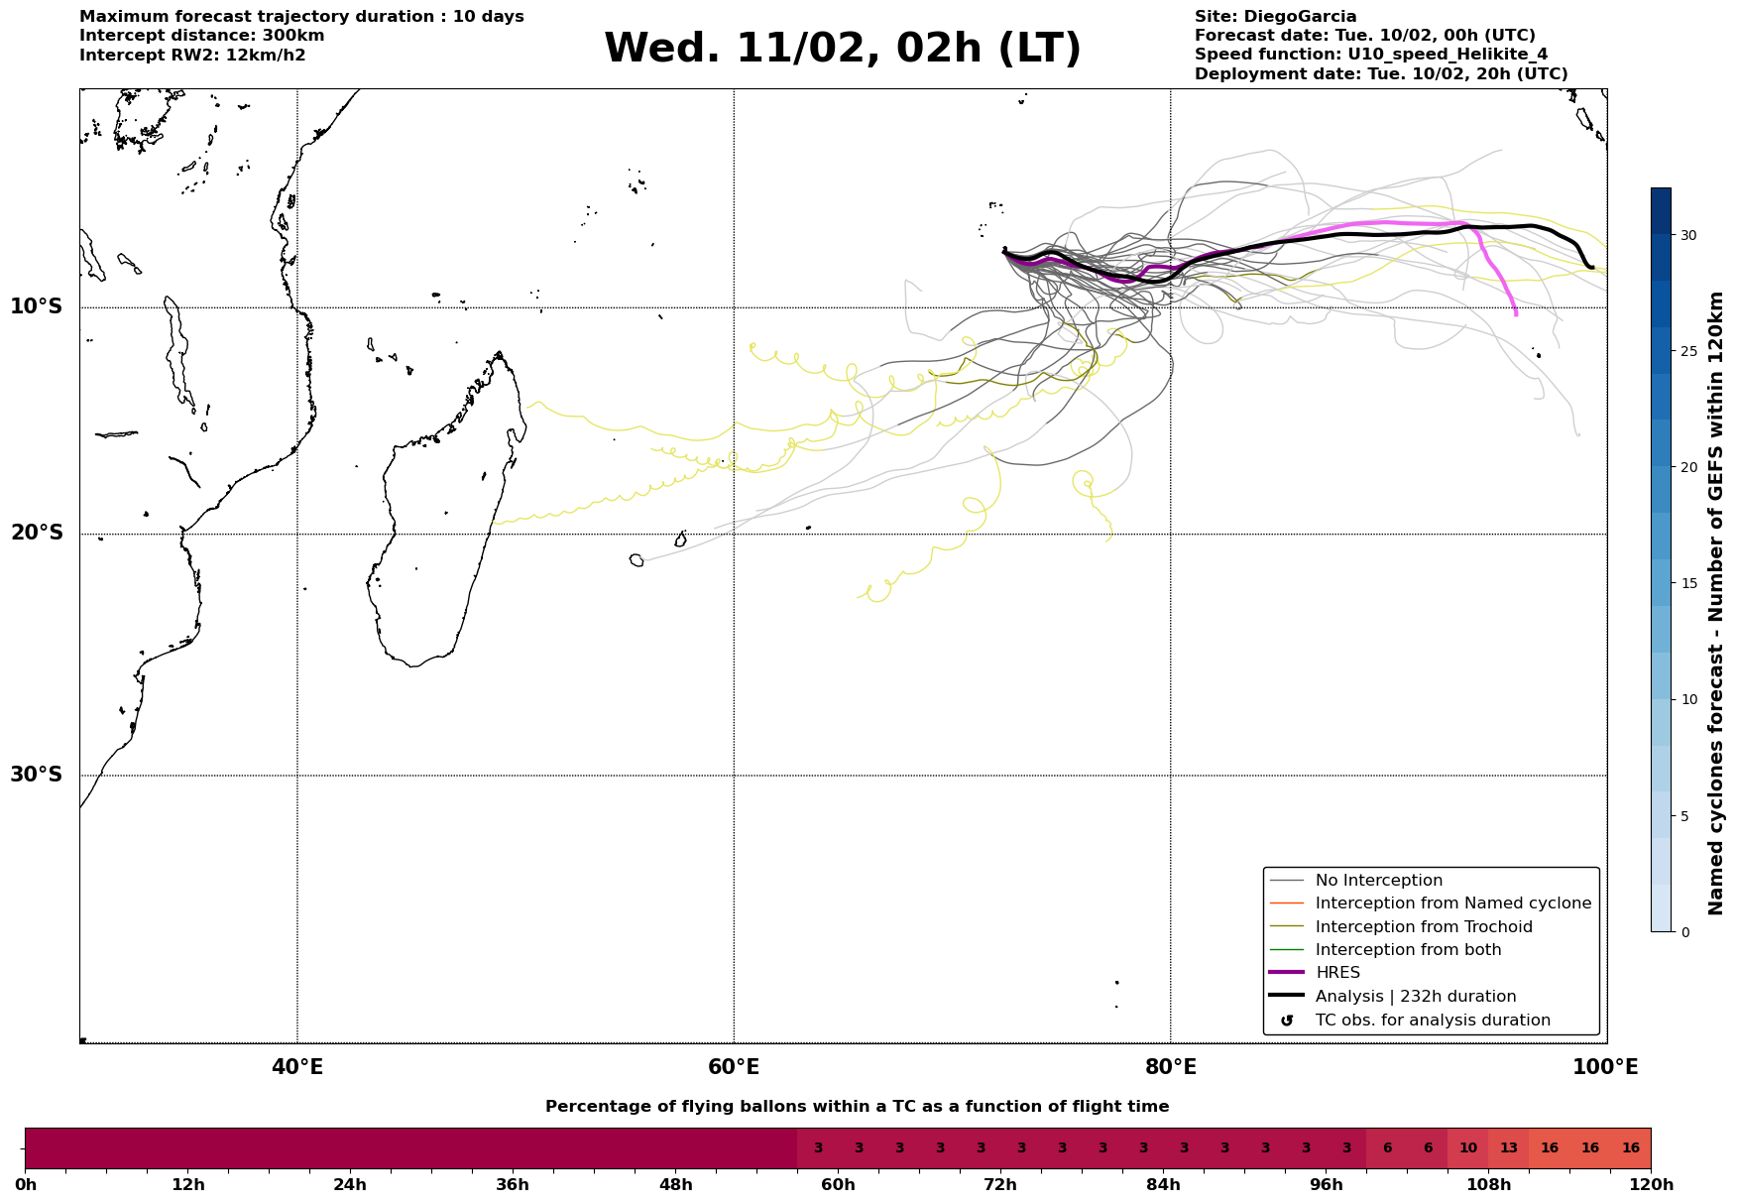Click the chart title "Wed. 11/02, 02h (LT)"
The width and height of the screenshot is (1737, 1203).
pos(842,49)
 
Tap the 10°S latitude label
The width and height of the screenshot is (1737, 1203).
pos(37,306)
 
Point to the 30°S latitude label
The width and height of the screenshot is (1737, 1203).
pos(37,775)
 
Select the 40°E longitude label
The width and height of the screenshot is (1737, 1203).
pos(296,1067)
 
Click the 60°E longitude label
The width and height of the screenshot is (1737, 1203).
pos(734,1067)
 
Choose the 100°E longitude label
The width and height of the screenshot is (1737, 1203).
pos(1605,1067)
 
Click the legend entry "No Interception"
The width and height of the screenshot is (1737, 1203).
pos(1378,881)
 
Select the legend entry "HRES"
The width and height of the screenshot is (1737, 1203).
pos(1337,973)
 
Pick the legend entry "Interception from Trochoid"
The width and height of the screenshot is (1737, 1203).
pos(1423,927)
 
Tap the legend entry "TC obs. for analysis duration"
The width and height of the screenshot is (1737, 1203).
pos(1432,1021)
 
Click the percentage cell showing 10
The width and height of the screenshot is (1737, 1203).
pos(1467,1148)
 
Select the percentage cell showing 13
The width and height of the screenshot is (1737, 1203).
pos(1508,1148)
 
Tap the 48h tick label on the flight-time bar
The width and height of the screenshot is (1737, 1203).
pos(675,1185)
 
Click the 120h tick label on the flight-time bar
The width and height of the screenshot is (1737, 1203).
pos(1650,1185)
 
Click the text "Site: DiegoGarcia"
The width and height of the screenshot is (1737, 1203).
pos(1275,17)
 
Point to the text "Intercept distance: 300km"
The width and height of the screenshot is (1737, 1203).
pos(201,36)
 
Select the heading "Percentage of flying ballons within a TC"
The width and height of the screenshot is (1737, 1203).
pos(857,1107)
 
